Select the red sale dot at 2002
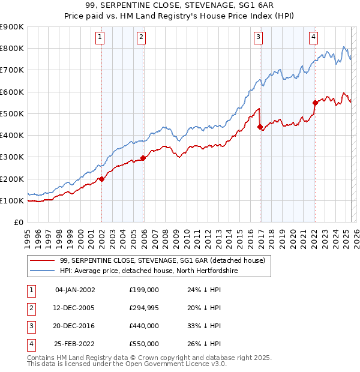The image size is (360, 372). pyautogui.click(x=101, y=179)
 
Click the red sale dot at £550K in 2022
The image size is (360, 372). pyautogui.click(x=314, y=103)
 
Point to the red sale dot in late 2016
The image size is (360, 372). pyautogui.click(x=260, y=127)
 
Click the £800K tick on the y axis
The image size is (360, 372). pyautogui.click(x=13, y=48)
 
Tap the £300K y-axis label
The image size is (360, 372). pyautogui.click(x=13, y=157)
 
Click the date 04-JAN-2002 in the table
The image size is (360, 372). pyautogui.click(x=74, y=290)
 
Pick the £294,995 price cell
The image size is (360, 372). pyautogui.click(x=144, y=308)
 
